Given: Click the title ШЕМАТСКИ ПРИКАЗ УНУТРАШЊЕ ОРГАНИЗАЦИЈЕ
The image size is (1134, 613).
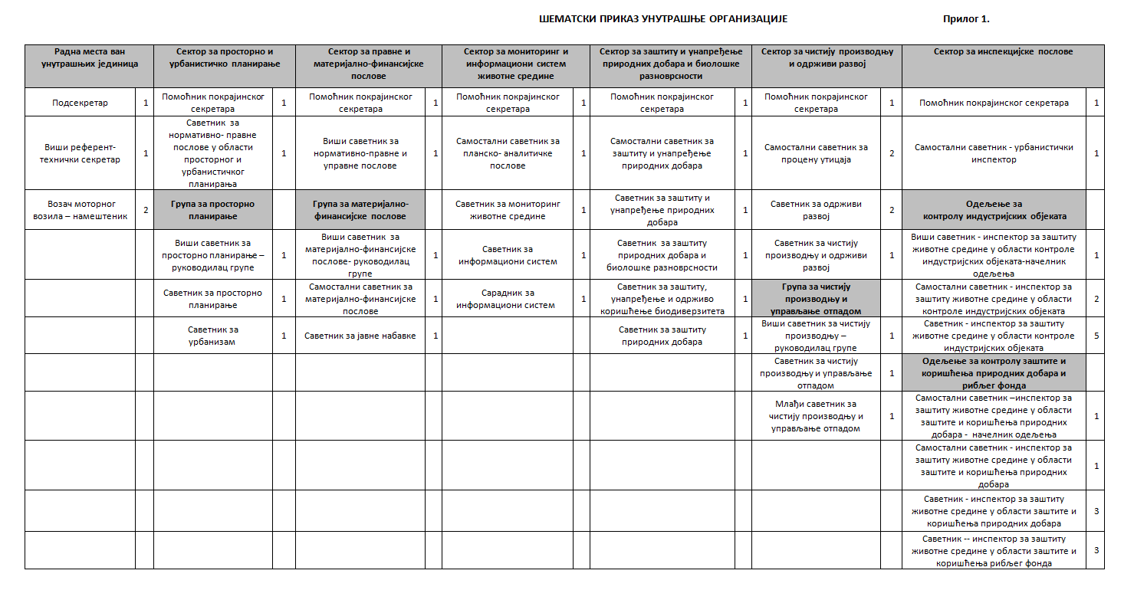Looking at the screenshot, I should [x=662, y=19].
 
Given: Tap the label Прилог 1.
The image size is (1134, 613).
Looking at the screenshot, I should [x=965, y=19].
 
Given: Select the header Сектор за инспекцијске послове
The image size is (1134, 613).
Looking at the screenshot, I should [x=1003, y=52].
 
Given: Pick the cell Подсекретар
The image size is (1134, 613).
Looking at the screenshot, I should [x=80, y=103].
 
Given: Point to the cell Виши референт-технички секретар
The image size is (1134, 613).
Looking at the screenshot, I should [x=80, y=153].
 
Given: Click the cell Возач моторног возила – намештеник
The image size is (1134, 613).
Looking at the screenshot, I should [x=80, y=210].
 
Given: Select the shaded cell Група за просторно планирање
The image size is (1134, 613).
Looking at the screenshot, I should [x=213, y=210].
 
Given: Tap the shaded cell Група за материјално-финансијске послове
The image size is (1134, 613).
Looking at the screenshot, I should [x=360, y=210].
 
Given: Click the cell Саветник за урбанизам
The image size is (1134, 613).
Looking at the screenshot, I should [x=213, y=336].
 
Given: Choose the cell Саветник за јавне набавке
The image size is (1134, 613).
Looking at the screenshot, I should [x=360, y=336].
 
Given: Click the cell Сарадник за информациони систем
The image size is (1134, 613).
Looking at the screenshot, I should [x=508, y=299].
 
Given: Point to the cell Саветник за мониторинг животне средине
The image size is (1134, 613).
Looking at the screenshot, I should [x=508, y=210].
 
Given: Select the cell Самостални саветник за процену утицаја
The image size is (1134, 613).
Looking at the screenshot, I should [x=816, y=153].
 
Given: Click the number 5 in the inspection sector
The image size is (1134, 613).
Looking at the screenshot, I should [x=1096, y=336].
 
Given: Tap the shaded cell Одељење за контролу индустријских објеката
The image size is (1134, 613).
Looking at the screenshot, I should [x=994, y=210].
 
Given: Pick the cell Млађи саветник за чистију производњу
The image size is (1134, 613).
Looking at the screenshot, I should [x=816, y=416].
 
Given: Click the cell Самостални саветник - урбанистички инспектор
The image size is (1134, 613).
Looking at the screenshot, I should [x=994, y=153].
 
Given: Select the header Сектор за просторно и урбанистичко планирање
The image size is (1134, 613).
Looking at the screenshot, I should [x=224, y=58].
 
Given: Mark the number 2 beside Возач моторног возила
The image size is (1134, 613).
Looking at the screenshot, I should [x=145, y=210].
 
